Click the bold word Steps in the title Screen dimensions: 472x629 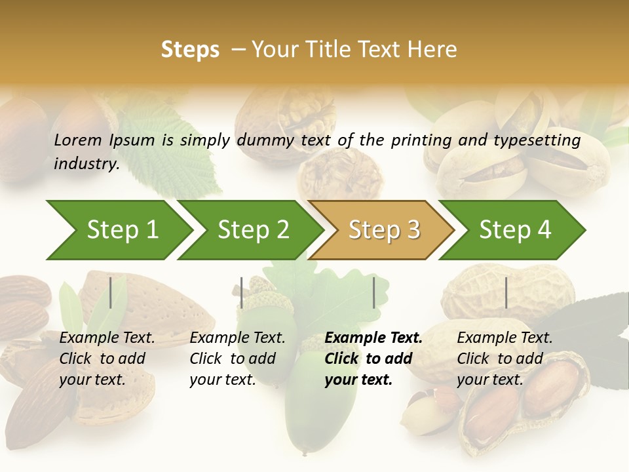(190, 50)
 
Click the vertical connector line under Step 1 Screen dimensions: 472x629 (111, 292)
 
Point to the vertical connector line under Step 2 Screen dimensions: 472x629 (242, 292)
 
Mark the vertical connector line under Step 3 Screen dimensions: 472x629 (373, 292)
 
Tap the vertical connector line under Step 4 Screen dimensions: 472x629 (506, 292)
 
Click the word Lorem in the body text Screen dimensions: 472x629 (78, 140)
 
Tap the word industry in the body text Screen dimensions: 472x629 (86, 163)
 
